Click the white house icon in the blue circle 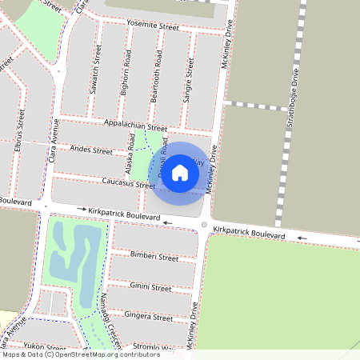(x=180, y=172)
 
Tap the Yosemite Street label (x=153, y=26)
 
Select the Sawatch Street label (x=97, y=74)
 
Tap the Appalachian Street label (x=135, y=126)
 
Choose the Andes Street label (x=91, y=150)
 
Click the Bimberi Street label (x=154, y=257)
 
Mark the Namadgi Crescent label (x=109, y=319)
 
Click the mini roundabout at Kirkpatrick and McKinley (x=205, y=225)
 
